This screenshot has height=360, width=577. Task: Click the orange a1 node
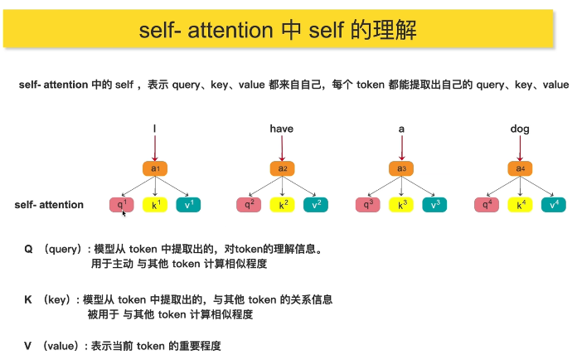coord(154,168)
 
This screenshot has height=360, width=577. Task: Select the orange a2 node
coord(282,168)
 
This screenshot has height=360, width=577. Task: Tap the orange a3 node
coord(402,168)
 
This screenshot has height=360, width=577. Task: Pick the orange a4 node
coord(521,168)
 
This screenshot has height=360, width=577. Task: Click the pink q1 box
coord(122,204)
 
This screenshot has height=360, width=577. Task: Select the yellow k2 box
coord(282,204)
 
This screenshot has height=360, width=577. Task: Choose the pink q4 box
coord(489,204)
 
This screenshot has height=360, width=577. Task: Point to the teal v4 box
coord(554,204)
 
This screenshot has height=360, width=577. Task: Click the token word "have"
coord(282,129)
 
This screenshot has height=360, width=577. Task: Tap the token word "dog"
coord(520,129)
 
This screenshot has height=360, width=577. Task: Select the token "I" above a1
coord(154,129)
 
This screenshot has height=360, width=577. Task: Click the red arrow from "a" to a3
coord(402,148)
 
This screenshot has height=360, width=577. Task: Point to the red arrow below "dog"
coord(521,148)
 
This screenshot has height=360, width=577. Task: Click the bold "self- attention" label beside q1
coord(49,204)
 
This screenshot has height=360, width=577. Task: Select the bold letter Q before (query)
coord(29,248)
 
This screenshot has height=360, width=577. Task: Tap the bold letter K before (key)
coord(29,299)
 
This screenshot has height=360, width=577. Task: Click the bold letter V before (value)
coord(29,345)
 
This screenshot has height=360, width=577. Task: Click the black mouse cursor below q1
coord(124,214)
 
